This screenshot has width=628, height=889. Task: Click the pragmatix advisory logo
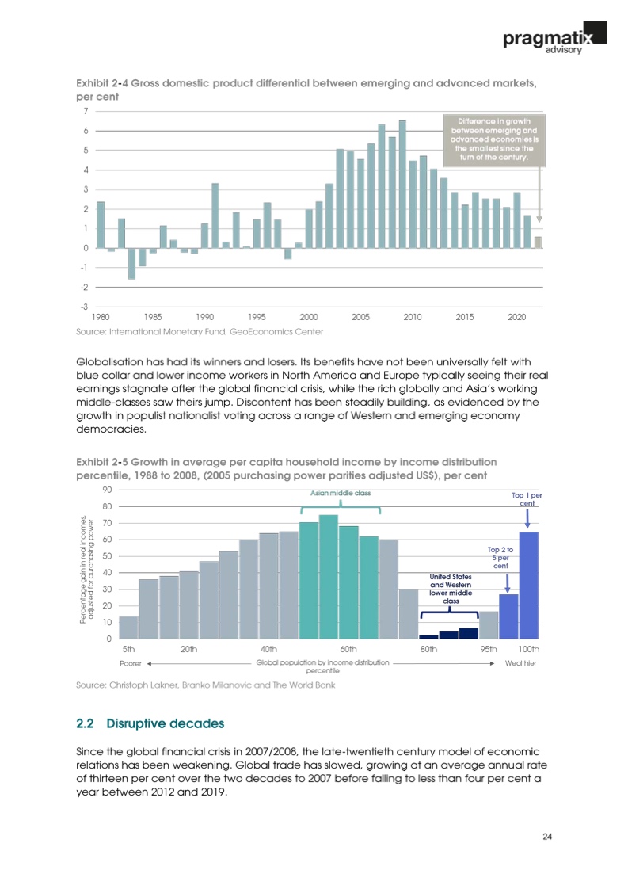click(554, 37)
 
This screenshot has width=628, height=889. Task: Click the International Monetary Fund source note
click(199, 330)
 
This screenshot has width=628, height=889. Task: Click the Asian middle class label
click(340, 493)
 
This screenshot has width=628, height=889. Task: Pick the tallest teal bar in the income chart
click(329, 576)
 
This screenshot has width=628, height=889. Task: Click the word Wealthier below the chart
click(520, 662)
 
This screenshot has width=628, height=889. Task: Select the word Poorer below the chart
click(129, 662)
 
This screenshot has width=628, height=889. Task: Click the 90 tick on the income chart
click(105, 490)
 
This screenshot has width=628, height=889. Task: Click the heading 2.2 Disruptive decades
click(150, 723)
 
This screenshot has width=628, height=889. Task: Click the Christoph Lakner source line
click(205, 685)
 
